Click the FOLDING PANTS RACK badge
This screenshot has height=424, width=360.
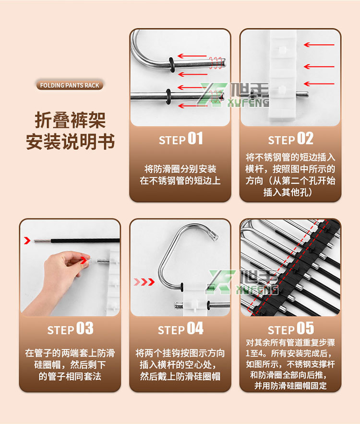click(x=70, y=85)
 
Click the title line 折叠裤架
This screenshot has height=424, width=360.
click(x=70, y=120)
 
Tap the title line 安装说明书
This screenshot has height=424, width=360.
click(x=70, y=142)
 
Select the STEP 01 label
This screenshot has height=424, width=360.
click(x=180, y=139)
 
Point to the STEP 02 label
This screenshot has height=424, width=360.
click(x=290, y=139)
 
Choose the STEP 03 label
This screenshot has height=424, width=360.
click(x=70, y=329)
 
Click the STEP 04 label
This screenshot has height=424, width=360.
click(x=180, y=329)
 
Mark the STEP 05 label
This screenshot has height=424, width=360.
click(x=290, y=329)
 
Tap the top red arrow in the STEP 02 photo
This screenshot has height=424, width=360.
click(x=319, y=45)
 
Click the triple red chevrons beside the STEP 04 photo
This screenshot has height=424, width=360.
click(x=144, y=282)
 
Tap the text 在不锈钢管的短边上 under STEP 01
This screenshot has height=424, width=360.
click(x=180, y=181)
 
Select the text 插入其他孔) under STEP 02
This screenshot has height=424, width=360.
click(x=290, y=192)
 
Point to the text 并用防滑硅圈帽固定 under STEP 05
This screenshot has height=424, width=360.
click(x=290, y=385)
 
